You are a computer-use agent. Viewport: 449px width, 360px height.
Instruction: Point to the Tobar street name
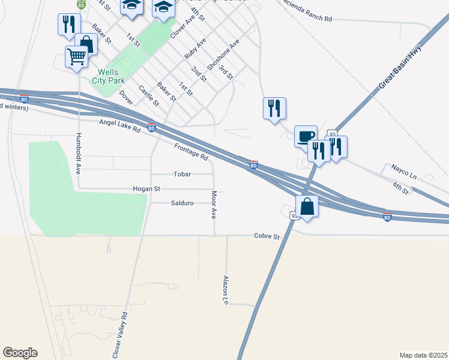pos(182,174)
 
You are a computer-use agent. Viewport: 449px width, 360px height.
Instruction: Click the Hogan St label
pos(146,188)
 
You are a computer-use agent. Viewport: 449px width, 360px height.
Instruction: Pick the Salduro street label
pos(182,203)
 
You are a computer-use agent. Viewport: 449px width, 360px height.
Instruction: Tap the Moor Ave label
pos(214,205)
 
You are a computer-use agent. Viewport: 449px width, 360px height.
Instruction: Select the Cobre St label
pos(267,236)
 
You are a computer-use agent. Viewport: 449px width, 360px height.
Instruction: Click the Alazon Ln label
pos(226,289)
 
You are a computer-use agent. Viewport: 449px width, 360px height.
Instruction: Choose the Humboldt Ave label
pos(78,154)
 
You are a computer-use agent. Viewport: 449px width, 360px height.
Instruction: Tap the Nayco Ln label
pos(404,170)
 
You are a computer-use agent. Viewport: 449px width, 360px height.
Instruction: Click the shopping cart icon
pos(77,58)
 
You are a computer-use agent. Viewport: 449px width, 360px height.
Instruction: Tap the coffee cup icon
pos(306,136)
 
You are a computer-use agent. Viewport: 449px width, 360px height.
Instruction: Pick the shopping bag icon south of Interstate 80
pos(307,207)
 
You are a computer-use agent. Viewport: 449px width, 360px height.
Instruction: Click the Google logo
pos(20,353)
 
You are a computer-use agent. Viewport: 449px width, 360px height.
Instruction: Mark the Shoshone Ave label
pos(223,55)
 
